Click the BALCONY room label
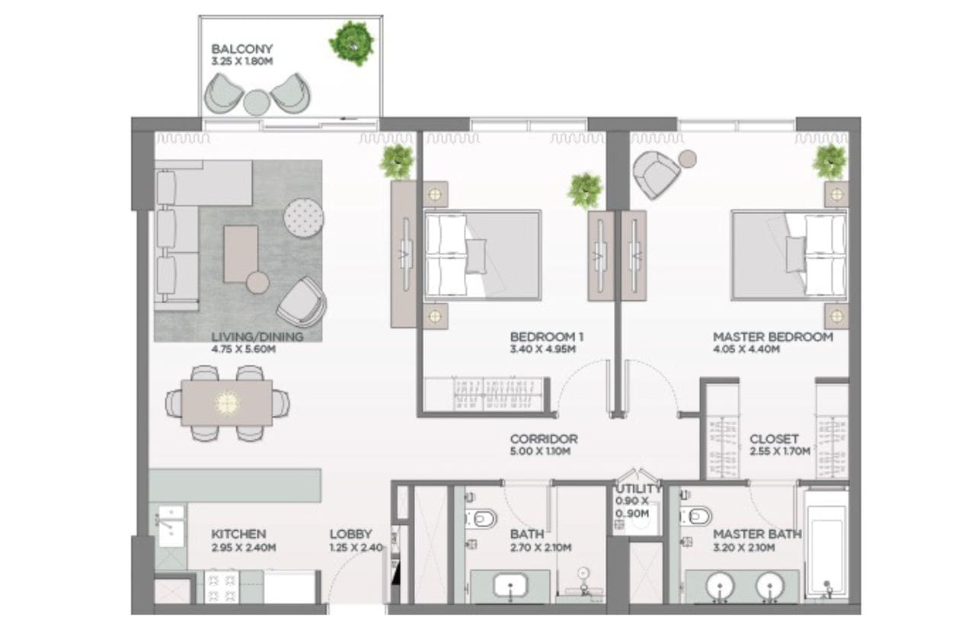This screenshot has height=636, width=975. (241, 49)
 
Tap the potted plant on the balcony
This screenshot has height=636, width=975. (351, 43)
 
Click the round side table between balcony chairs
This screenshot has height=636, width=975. (257, 103)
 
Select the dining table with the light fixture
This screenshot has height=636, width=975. (227, 403)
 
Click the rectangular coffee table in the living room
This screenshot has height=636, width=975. (241, 254)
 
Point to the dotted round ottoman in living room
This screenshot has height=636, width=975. (303, 218)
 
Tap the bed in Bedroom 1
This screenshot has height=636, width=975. (483, 255)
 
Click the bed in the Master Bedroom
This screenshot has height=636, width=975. (789, 255)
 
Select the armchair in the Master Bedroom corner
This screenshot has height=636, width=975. (656, 174)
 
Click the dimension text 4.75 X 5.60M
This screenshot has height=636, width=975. (243, 349)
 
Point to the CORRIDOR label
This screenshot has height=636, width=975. (544, 439)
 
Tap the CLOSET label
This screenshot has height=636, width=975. (774, 439)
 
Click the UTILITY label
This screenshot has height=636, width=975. (638, 489)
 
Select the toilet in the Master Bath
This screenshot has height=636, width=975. (696, 516)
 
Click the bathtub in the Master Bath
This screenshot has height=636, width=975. (826, 547)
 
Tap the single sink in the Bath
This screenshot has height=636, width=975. (510, 586)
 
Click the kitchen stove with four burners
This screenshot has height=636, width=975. (222, 586)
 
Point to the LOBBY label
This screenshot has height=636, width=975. (350, 534)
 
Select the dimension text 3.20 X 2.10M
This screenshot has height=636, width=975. (744, 547)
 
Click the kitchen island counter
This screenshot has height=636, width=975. (235, 485)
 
